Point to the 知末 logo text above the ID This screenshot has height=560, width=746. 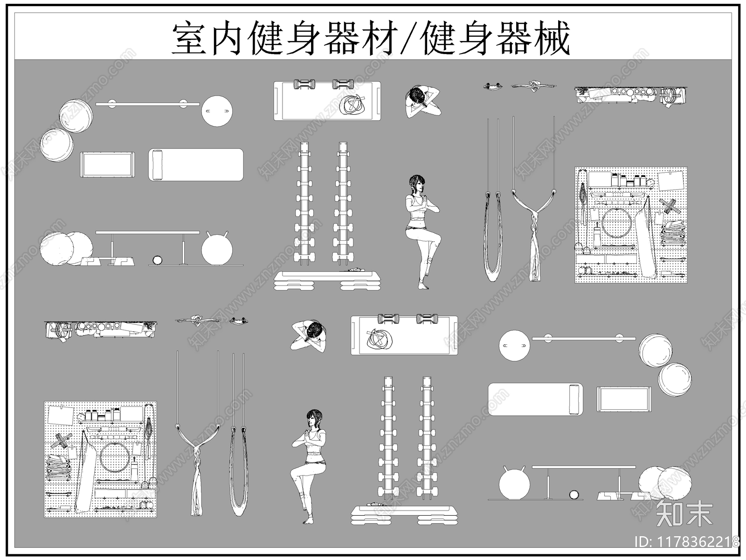point(684,513)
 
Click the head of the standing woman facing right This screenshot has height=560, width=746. point(417,183)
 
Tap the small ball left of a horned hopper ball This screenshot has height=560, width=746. point(158,260)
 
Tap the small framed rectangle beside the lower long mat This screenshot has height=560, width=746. point(624,399)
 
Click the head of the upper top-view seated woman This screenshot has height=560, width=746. point(418,96)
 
